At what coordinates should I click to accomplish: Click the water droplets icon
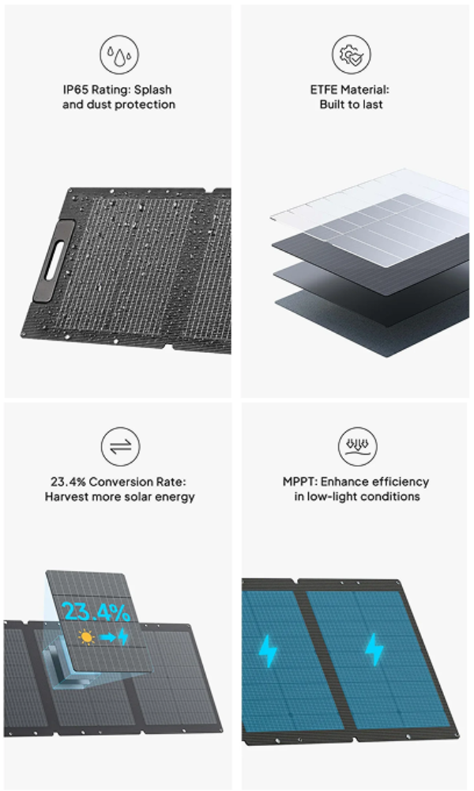coord(118,55)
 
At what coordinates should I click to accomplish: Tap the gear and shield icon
coord(351,55)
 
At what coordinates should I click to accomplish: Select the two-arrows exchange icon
coord(120,446)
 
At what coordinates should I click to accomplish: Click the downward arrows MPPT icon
coord(357,446)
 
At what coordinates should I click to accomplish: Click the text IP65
coord(75,90)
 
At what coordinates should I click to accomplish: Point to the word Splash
coord(153,90)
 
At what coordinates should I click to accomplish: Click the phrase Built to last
coord(351,104)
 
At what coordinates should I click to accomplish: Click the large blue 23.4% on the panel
coord(96,612)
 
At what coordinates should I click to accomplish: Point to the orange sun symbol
coord(87,637)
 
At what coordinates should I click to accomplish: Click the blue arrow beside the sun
coord(107,638)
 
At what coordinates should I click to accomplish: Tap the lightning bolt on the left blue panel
coord(268,651)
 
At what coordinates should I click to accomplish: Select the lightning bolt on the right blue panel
coord(374,649)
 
